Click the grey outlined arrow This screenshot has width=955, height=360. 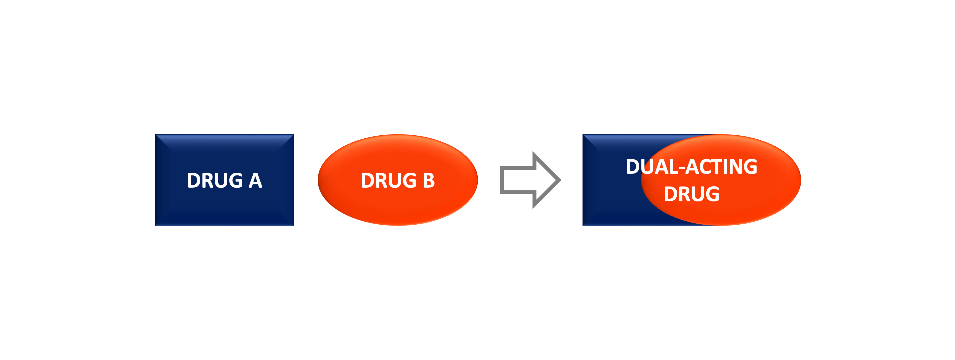(530, 180)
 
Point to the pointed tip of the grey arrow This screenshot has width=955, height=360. (561, 180)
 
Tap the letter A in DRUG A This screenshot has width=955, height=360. (255, 181)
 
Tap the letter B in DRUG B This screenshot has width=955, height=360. (429, 181)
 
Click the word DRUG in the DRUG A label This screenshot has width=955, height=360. (215, 181)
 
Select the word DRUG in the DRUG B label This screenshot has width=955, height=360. (389, 181)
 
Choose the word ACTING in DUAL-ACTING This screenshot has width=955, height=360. (721, 167)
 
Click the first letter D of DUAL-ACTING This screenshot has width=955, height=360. (633, 167)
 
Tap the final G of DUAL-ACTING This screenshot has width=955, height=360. (750, 167)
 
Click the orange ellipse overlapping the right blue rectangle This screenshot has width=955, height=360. (721, 180)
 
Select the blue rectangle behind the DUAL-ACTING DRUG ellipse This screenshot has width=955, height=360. (612, 180)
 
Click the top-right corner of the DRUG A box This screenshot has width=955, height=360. (294, 134)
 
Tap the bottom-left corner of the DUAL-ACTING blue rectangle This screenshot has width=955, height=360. (583, 226)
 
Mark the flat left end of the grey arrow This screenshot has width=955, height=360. (502, 180)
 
